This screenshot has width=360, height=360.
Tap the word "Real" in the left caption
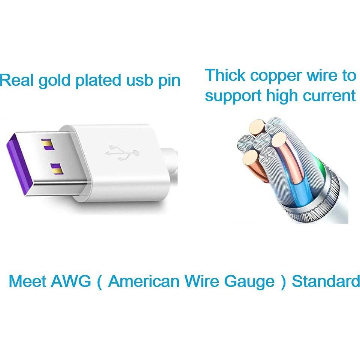point(17,80)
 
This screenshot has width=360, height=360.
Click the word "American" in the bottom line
point(143,281)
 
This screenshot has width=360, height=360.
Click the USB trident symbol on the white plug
point(122,152)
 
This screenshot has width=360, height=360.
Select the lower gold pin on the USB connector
point(57,169)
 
